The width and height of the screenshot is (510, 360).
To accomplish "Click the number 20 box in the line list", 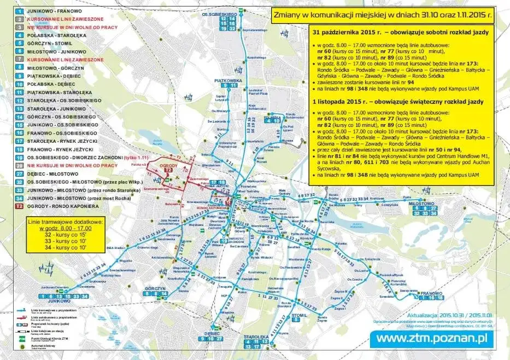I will coord(19,165).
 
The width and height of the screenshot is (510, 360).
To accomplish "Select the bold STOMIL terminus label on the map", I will coord(300,316).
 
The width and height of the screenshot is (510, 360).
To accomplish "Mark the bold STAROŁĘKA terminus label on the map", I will coord(254,336).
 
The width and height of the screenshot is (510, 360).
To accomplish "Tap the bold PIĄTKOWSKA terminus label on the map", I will coord(228,80).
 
